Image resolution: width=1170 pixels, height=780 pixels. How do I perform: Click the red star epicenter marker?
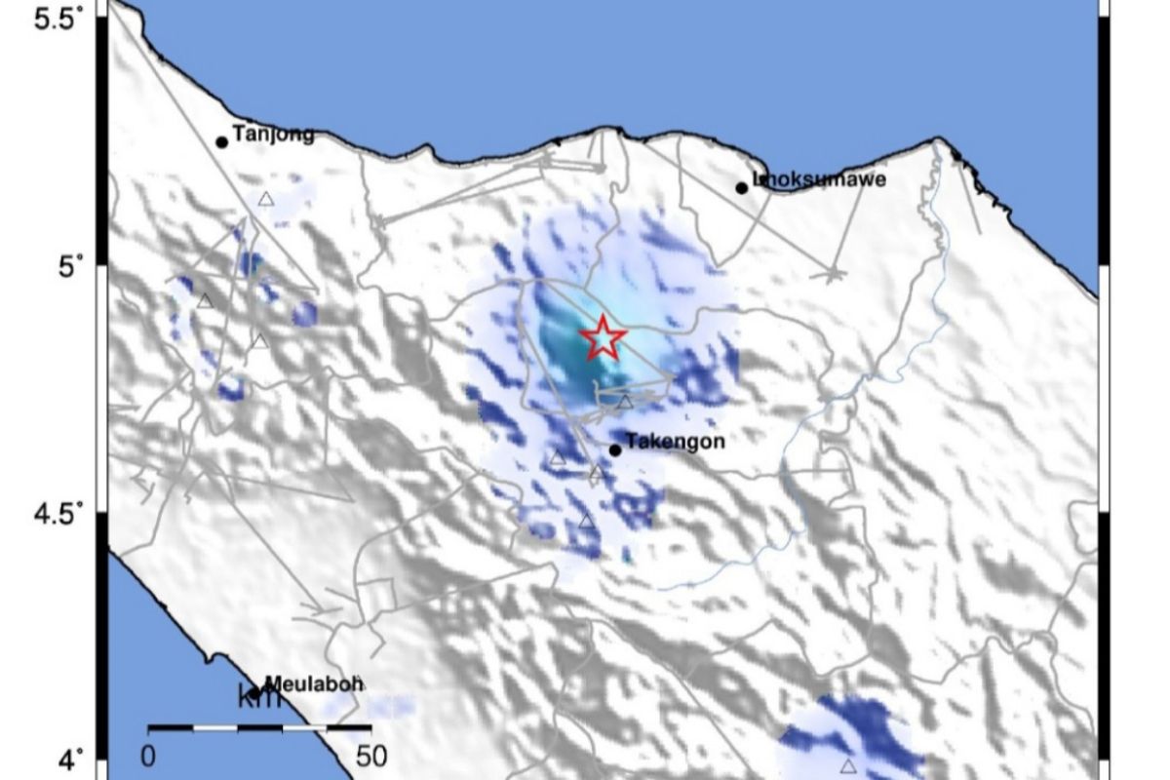[604, 337]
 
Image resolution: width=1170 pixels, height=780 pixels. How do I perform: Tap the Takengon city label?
[675, 442]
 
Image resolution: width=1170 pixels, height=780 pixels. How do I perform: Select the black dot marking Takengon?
[615, 450]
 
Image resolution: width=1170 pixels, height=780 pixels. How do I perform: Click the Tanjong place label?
[274, 135]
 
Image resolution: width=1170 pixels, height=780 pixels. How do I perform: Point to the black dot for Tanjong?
[221, 142]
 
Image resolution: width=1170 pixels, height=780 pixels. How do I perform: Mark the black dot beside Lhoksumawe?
[742, 188]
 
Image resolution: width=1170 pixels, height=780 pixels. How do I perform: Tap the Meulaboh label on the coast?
[314, 684]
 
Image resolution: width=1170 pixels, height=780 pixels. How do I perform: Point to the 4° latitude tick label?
[74, 759]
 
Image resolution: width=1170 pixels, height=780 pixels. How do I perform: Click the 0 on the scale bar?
[148, 756]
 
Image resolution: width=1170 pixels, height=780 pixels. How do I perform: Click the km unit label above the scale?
[259, 698]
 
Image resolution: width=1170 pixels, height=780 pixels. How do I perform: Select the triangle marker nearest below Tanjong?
[266, 200]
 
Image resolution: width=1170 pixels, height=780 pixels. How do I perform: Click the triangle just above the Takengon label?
[625, 402]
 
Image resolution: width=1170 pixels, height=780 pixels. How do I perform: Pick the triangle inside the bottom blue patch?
[848, 766]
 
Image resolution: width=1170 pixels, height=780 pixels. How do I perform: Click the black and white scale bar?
[259, 727]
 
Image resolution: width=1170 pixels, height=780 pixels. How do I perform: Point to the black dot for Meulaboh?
[254, 693]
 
